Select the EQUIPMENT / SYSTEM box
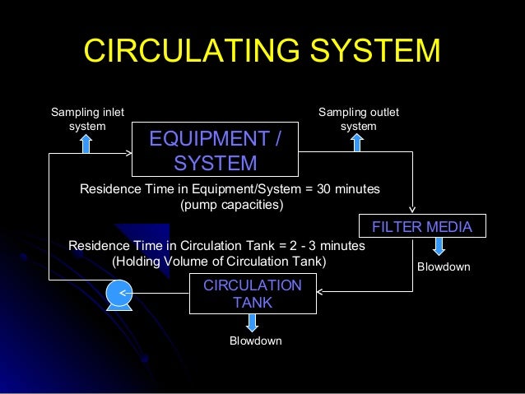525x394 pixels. point(214,150)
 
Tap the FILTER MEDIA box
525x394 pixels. point(422,226)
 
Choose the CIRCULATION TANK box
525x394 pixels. point(253,294)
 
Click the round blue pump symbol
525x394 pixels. point(119,293)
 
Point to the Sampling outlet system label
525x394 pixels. point(358,118)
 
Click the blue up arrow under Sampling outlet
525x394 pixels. point(356,143)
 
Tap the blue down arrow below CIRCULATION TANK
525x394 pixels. point(252,322)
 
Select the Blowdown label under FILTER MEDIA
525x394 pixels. point(444,267)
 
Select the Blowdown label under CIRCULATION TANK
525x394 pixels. point(255,341)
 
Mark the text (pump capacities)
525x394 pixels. point(231,205)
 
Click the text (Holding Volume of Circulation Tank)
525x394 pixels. point(219,262)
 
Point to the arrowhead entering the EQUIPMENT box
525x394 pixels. point(128,152)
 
